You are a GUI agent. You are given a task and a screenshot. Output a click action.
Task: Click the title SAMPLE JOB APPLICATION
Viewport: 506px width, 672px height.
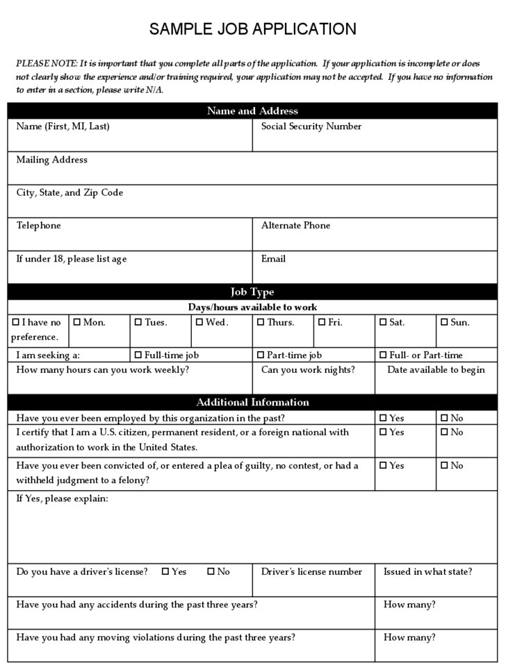point(252,29)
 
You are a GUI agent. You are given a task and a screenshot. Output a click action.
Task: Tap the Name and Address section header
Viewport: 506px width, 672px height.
point(252,111)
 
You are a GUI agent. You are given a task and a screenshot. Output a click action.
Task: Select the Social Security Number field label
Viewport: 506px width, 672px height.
point(311,126)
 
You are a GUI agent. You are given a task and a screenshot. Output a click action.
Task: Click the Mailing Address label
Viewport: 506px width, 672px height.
point(52,160)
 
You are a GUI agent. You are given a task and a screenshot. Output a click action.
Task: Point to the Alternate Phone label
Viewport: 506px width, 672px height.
point(295,226)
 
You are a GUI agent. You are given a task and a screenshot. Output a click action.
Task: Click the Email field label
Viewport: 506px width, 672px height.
point(273,259)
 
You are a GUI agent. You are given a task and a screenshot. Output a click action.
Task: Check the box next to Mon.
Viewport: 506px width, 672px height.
point(77,322)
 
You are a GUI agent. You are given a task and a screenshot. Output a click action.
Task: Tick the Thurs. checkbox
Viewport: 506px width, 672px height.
point(261,322)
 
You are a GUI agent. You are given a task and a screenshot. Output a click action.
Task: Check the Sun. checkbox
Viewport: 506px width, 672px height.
point(444,322)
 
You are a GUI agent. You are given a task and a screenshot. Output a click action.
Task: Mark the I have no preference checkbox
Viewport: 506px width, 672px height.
point(16,322)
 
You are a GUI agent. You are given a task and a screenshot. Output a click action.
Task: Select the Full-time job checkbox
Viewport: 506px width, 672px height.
point(138,355)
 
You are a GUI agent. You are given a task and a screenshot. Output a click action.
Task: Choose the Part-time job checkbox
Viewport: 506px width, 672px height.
point(261,355)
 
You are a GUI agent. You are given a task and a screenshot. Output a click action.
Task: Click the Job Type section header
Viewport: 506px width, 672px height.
point(252,292)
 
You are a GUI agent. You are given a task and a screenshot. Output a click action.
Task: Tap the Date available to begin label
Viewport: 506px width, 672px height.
point(436,370)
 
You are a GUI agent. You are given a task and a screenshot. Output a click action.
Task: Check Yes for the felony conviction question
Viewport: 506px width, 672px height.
point(383,466)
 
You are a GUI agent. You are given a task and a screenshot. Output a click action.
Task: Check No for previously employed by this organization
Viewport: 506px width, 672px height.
point(444,419)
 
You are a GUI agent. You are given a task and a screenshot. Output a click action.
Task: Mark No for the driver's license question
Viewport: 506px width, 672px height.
point(211,572)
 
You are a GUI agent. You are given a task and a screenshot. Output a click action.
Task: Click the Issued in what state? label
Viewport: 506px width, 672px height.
point(427,572)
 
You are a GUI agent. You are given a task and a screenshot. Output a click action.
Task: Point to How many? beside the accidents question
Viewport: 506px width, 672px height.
point(409,605)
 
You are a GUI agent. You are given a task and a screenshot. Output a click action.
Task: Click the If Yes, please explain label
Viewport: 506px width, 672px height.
point(62,499)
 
